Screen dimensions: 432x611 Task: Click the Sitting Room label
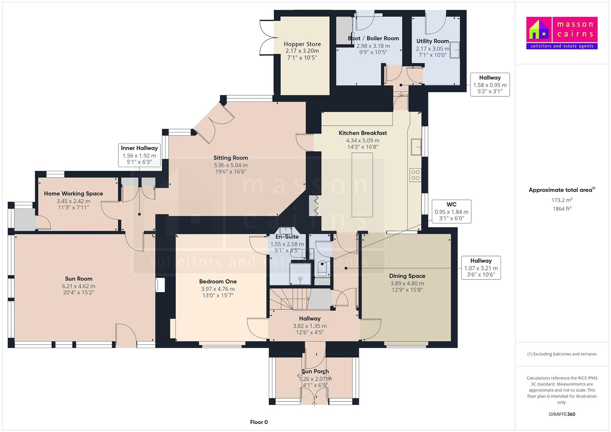tap(230, 158)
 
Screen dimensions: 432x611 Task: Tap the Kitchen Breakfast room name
tap(363, 133)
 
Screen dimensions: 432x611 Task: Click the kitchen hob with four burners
tap(415, 175)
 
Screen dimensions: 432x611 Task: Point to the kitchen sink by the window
tap(416, 147)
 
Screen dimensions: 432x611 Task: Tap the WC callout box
tap(451, 211)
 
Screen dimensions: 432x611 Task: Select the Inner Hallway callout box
tap(139, 155)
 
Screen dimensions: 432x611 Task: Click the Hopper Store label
tap(302, 44)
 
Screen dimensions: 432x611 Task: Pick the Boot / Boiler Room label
tap(373, 38)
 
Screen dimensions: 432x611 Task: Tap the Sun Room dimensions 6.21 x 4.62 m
tap(79, 286)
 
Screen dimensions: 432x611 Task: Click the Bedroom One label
tap(218, 281)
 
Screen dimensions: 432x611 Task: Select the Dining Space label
tap(407, 276)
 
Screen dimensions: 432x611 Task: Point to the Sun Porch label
tap(315, 371)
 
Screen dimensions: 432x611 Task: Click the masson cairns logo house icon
tap(539, 30)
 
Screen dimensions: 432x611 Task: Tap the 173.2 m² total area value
tap(561, 200)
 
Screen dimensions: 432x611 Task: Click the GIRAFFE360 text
tap(561, 414)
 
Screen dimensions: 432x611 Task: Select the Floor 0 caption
tap(259, 422)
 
